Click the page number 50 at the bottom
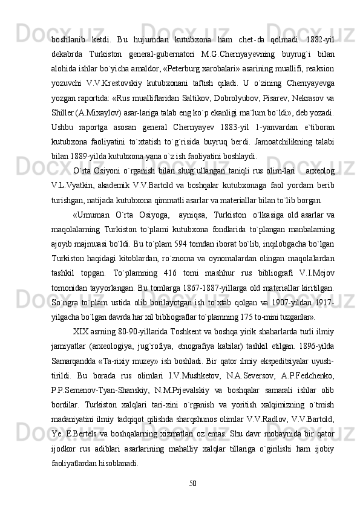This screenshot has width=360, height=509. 193,482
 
